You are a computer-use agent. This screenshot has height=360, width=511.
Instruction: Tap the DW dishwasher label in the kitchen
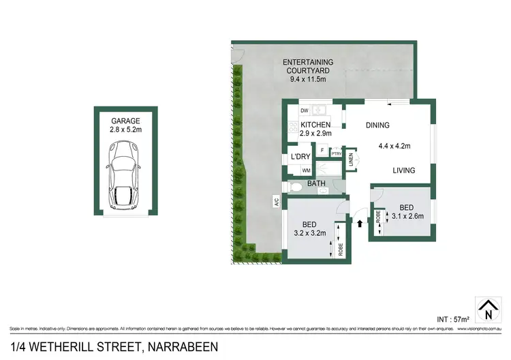point(304,110)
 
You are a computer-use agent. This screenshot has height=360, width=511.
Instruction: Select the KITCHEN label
point(315,125)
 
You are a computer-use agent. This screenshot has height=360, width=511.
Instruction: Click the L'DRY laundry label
point(300,157)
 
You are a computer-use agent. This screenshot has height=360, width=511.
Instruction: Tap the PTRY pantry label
point(336,154)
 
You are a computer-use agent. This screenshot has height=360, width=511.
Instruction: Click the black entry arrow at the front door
point(358,221)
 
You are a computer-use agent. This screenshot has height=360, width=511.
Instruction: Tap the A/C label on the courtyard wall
point(277,202)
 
